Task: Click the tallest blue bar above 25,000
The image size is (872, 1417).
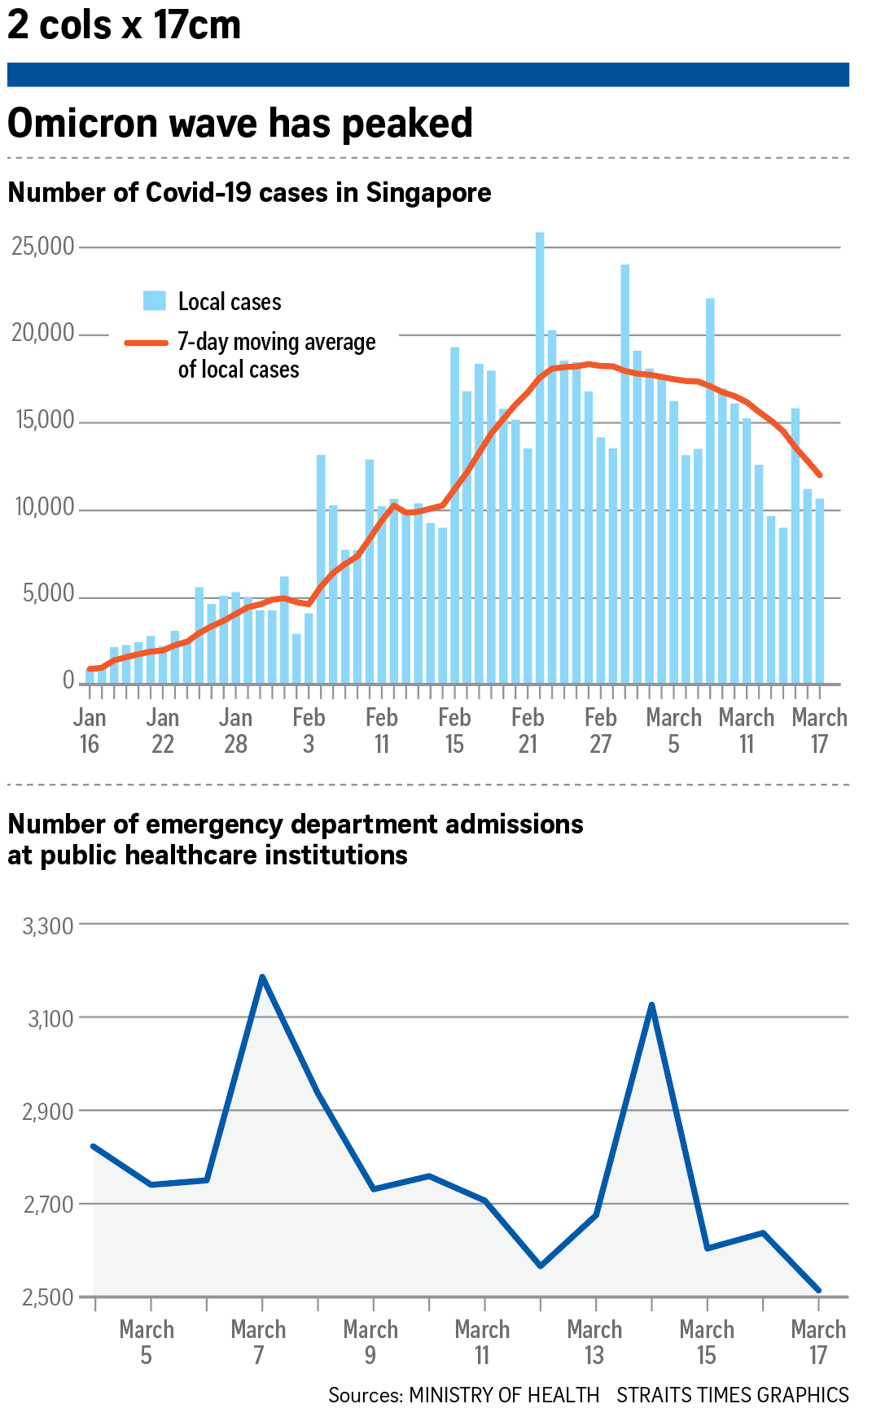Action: pyautogui.click(x=540, y=456)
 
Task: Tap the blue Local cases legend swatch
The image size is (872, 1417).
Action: pyautogui.click(x=155, y=301)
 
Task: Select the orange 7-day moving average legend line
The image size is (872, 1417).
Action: pyautogui.click(x=147, y=343)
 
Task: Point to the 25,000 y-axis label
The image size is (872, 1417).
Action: pyautogui.click(x=43, y=246)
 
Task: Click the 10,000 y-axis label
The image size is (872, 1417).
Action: pyautogui.click(x=45, y=508)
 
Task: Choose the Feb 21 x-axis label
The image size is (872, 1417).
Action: pyautogui.click(x=528, y=730)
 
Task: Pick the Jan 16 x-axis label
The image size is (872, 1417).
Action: pyautogui.click(x=90, y=730)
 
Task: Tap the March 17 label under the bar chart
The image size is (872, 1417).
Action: pyautogui.click(x=819, y=730)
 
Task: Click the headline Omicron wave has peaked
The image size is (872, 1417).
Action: pyautogui.click(x=240, y=124)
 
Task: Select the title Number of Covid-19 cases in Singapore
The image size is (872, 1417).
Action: pyautogui.click(x=249, y=193)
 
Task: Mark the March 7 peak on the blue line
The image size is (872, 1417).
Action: pyautogui.click(x=262, y=977)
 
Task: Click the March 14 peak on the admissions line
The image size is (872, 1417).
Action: pyautogui.click(x=651, y=1005)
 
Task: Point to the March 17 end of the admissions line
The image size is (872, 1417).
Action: pyautogui.click(x=818, y=1290)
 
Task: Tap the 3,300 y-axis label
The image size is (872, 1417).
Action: pyautogui.click(x=48, y=926)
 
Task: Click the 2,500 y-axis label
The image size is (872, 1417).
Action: pyautogui.click(x=48, y=1297)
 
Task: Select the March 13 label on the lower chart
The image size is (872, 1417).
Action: pyautogui.click(x=594, y=1342)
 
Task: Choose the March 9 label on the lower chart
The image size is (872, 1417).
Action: pyautogui.click(x=370, y=1342)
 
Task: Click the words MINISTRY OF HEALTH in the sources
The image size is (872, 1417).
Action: pyautogui.click(x=504, y=1395)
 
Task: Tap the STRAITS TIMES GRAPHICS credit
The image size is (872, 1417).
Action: pyautogui.click(x=732, y=1395)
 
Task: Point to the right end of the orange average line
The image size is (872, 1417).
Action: pyautogui.click(x=819, y=475)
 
